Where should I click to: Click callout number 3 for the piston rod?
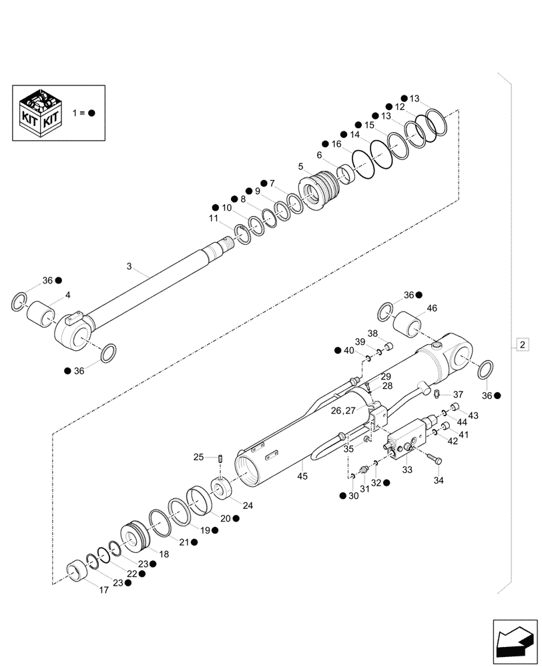click(x=129, y=266)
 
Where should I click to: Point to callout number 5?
click(x=301, y=166)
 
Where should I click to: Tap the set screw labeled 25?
click(x=220, y=458)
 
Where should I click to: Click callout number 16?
click(x=336, y=144)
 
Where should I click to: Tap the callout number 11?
click(x=213, y=218)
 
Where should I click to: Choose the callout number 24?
click(x=249, y=505)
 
